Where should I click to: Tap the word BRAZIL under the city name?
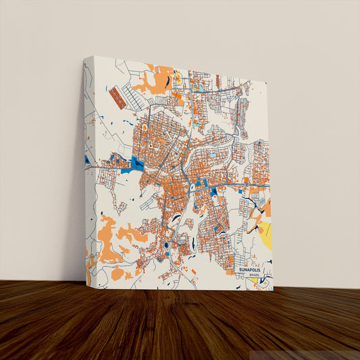coord(254,276)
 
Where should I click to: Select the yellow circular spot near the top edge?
coord(178,78)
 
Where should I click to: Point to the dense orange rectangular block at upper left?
coord(118,97)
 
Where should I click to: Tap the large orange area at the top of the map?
coord(155,84)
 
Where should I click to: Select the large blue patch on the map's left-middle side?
coord(138,163)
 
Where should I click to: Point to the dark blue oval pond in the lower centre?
coord(166,245)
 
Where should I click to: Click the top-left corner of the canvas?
coord(86,57)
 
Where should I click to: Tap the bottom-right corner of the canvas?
coord(273,290)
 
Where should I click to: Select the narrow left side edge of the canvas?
coord(88,176)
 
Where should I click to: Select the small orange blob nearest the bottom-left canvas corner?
coord(118,274)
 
